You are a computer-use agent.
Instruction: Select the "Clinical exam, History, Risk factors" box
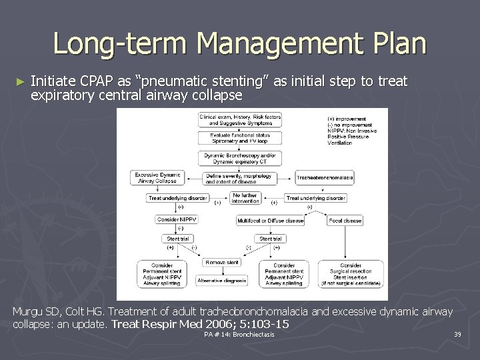click(240, 119)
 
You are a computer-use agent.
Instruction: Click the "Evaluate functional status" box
click(240, 139)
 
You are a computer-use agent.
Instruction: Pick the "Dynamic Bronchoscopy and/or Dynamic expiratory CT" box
click(240, 158)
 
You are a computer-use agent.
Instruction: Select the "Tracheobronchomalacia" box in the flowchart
click(325, 178)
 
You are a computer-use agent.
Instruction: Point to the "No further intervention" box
click(245, 198)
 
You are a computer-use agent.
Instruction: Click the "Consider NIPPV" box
click(177, 220)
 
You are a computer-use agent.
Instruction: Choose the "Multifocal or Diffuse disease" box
click(270, 221)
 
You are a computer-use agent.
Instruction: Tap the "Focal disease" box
click(345, 221)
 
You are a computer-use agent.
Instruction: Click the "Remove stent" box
click(221, 263)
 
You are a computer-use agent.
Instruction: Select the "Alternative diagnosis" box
click(222, 281)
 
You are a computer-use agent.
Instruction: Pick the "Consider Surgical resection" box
click(354, 274)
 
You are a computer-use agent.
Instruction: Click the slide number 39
click(457, 334)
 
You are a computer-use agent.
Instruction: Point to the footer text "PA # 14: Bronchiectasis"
click(239, 334)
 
